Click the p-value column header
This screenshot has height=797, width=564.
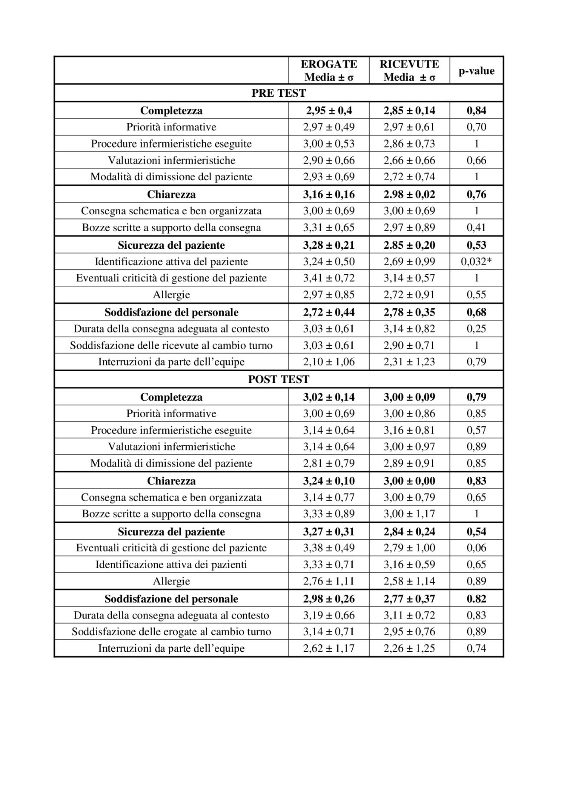pyautogui.click(x=476, y=71)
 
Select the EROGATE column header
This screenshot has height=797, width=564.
pyautogui.click(x=329, y=71)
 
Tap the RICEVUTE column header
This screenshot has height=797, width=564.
pyautogui.click(x=409, y=71)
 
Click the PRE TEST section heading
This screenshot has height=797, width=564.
pyautogui.click(x=278, y=93)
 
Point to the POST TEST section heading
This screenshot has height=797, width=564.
pyautogui.click(x=278, y=380)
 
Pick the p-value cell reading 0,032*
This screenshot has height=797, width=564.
pyautogui.click(x=476, y=262)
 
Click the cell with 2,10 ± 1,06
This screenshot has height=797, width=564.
pyautogui.click(x=329, y=362)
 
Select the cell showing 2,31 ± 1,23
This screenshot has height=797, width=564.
pyautogui.click(x=409, y=362)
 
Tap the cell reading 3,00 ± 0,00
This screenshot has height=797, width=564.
pyautogui.click(x=409, y=481)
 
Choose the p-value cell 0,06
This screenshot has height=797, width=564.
pyautogui.click(x=476, y=548)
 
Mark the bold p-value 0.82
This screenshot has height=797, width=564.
pyautogui.click(x=476, y=599)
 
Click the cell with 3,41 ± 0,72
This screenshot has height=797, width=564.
pyautogui.click(x=329, y=278)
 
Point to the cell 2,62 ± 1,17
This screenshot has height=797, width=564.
pyautogui.click(x=329, y=648)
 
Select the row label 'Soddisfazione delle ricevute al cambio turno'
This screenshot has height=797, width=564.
pyautogui.click(x=171, y=345)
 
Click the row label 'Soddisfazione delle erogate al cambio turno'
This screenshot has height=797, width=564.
pyautogui.click(x=171, y=632)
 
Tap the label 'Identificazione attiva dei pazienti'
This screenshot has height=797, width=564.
pyautogui.click(x=171, y=564)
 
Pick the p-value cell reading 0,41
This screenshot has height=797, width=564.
pyautogui.click(x=476, y=228)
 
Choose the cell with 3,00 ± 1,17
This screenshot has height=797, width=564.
pyautogui.click(x=409, y=514)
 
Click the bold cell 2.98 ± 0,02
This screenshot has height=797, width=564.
pyautogui.click(x=409, y=194)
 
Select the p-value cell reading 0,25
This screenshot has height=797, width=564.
pyautogui.click(x=476, y=329)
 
